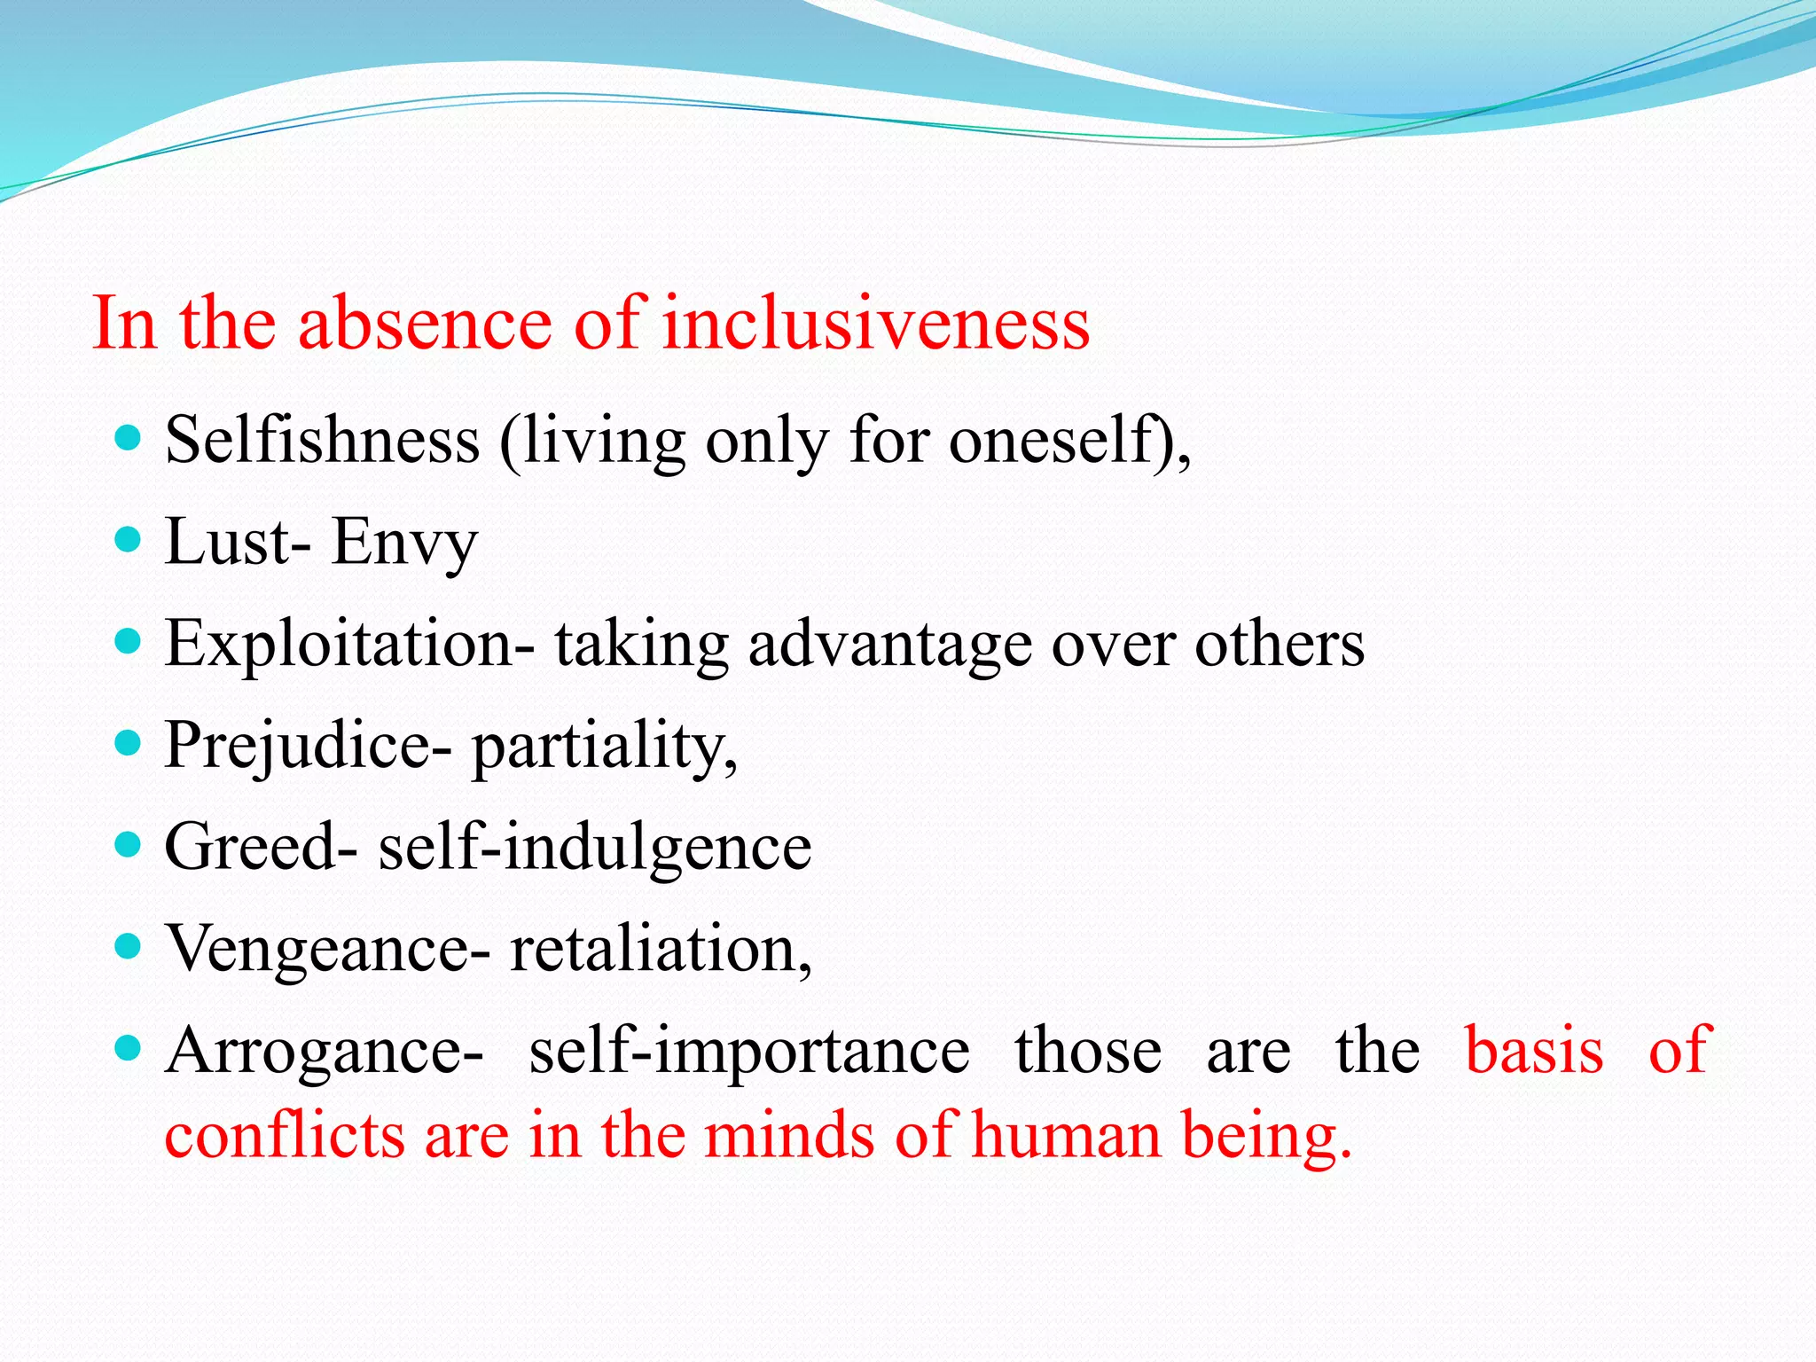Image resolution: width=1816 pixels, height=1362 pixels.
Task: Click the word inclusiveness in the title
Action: [875, 324]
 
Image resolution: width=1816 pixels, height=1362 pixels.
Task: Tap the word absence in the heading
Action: [425, 324]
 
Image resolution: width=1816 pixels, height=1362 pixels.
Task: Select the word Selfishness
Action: [322, 441]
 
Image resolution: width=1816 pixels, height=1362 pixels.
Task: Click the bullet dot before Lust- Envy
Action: [129, 539]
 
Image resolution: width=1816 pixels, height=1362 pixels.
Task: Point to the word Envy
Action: [404, 543]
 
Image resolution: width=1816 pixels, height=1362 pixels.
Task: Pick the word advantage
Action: [889, 645]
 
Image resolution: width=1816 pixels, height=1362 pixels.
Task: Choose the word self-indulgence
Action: [595, 847]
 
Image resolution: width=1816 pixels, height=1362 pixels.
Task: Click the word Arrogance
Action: [324, 1052]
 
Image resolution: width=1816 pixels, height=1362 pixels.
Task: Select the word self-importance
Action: [749, 1052]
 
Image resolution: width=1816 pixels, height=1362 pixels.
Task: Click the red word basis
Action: [1534, 1051]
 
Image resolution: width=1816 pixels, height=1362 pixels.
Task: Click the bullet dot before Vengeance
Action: [129, 945]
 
